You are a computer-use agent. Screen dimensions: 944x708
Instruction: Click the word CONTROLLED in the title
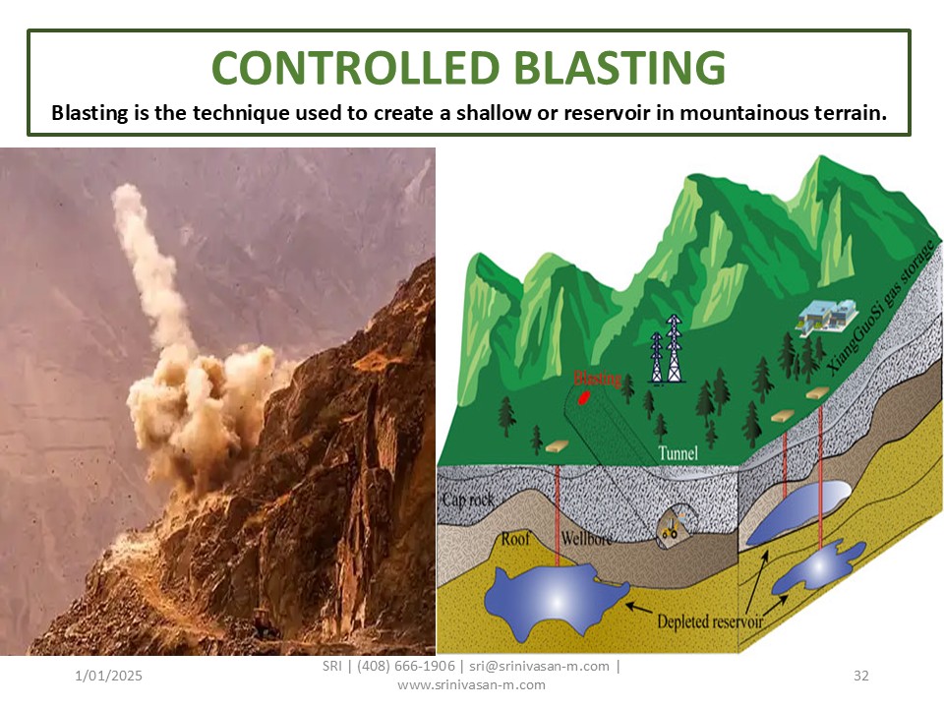pyautogui.click(x=356, y=67)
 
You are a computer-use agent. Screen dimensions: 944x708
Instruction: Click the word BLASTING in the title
pyautogui.click(x=620, y=67)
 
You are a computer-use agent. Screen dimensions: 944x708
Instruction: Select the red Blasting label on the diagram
pyautogui.click(x=597, y=378)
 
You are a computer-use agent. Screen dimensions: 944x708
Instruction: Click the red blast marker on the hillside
pyautogui.click(x=583, y=398)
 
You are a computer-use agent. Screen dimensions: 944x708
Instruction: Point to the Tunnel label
pyautogui.click(x=678, y=452)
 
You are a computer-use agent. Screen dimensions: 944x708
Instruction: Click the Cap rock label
pyautogui.click(x=468, y=500)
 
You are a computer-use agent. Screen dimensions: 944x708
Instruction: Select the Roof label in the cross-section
pyautogui.click(x=515, y=538)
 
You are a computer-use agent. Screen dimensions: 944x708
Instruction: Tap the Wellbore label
pyautogui.click(x=586, y=538)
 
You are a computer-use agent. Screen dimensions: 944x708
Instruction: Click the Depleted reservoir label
pyautogui.click(x=710, y=621)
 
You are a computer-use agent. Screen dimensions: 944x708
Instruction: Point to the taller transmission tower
pyautogui.click(x=675, y=348)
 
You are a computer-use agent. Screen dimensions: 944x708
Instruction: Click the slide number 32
pyautogui.click(x=861, y=676)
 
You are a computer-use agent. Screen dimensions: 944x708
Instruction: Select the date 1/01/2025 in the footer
pyautogui.click(x=108, y=676)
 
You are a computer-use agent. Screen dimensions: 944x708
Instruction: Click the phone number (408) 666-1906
pyautogui.click(x=406, y=666)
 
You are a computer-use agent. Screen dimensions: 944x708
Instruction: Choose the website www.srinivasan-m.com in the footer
pyautogui.click(x=471, y=684)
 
